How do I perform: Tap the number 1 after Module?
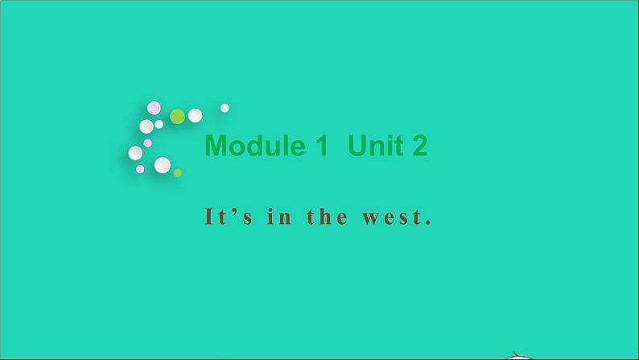[x=321, y=146]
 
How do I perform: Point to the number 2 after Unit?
[x=418, y=146]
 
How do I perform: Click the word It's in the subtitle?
[x=223, y=217]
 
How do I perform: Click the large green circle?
[x=177, y=116]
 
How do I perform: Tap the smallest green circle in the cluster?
[x=178, y=172]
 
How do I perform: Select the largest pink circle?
[x=154, y=108]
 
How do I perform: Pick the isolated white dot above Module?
[x=225, y=108]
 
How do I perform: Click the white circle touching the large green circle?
[x=195, y=115]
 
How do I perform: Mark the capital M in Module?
[x=216, y=146]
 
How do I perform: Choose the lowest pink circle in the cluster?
[x=140, y=169]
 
